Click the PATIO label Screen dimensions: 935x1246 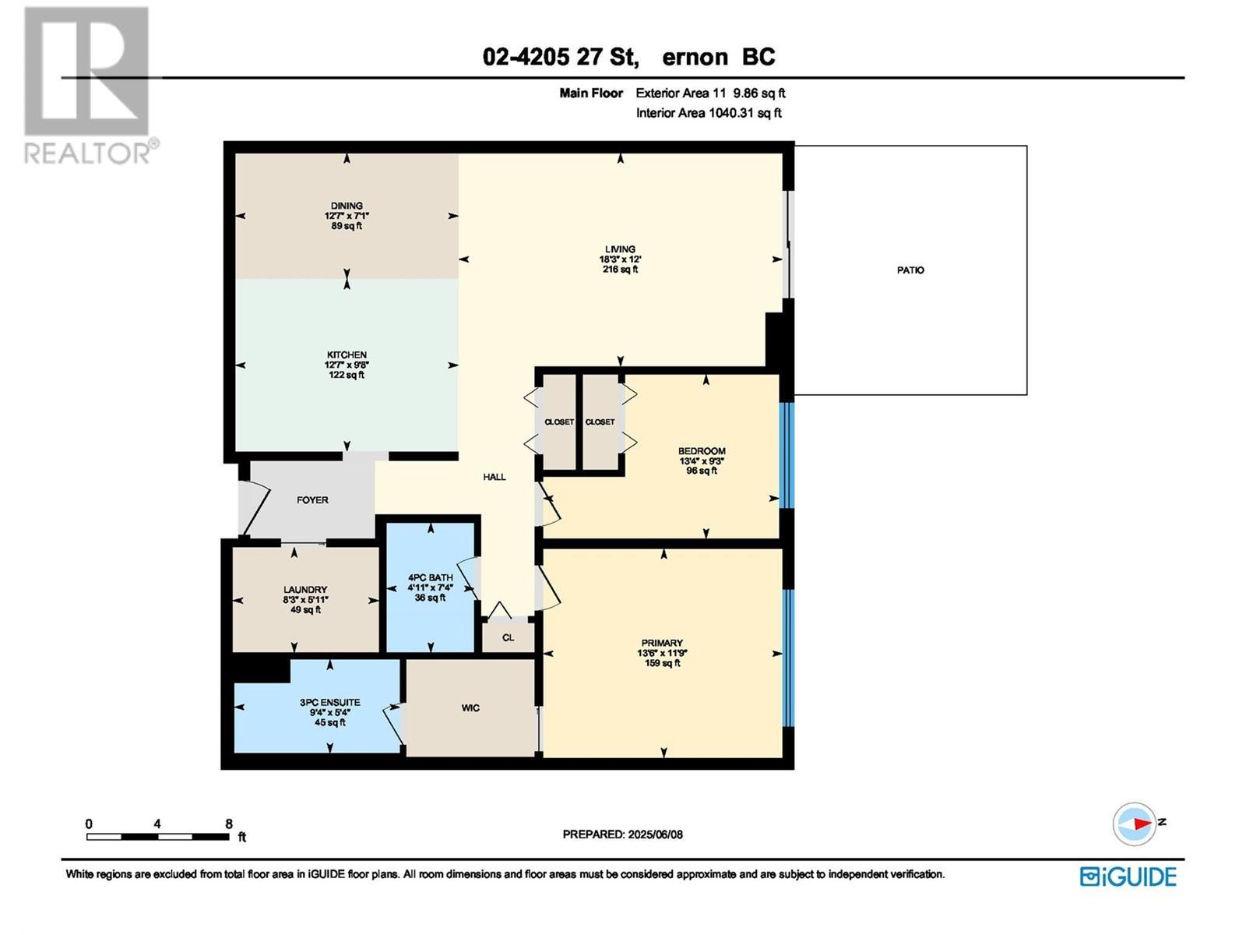pos(910,270)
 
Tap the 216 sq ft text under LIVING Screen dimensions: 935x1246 pos(620,270)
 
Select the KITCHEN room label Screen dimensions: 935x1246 pos(347,355)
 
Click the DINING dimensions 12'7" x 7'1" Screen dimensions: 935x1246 pos(347,216)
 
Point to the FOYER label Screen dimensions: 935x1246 pos(312,500)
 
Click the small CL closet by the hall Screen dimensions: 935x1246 pos(508,637)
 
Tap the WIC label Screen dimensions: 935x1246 pos(470,708)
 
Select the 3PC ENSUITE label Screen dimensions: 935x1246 pos(329,702)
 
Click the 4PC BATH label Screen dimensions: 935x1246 pos(430,577)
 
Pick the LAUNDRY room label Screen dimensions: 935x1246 pos(305,590)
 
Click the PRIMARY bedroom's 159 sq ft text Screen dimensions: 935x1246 pos(662,663)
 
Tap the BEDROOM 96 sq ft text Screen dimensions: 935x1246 pos(702,471)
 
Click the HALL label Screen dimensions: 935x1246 pos(494,477)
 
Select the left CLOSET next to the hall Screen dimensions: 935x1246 pos(558,422)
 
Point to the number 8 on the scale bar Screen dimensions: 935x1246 pos(228,824)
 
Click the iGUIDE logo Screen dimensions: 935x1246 pos(1128,877)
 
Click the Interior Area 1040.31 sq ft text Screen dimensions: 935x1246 pos(709,113)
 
